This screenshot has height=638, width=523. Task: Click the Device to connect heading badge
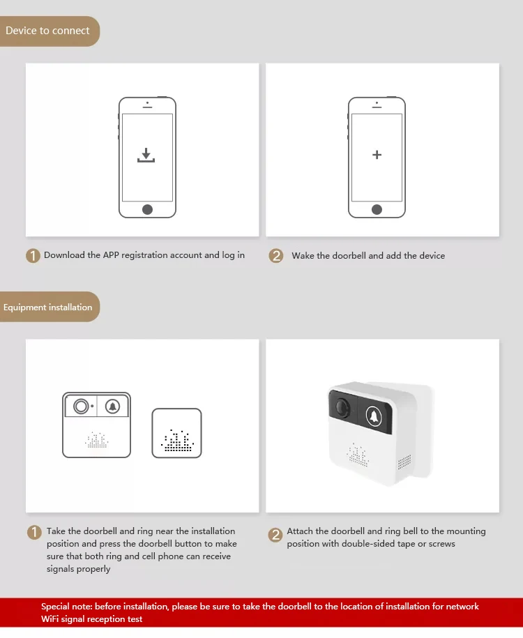(50, 31)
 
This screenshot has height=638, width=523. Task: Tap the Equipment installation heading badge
(50, 307)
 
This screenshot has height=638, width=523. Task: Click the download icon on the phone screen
(146, 155)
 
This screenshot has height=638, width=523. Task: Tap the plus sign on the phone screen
(377, 155)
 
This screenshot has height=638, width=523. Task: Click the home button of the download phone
(147, 210)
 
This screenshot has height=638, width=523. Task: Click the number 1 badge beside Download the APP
(33, 255)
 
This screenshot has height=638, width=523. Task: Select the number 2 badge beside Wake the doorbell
(276, 255)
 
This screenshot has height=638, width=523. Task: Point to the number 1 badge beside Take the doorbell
(34, 532)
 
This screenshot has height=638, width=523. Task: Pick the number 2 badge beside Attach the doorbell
(275, 535)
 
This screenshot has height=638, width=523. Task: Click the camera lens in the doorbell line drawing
(81, 406)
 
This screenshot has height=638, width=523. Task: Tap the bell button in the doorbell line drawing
(112, 406)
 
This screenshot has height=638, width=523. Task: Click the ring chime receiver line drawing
(176, 433)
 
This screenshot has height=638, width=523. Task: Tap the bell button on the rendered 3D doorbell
(374, 416)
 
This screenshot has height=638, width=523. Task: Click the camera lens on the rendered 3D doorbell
(342, 407)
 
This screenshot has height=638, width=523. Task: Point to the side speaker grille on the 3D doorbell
(404, 462)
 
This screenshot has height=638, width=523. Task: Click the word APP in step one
(111, 255)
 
